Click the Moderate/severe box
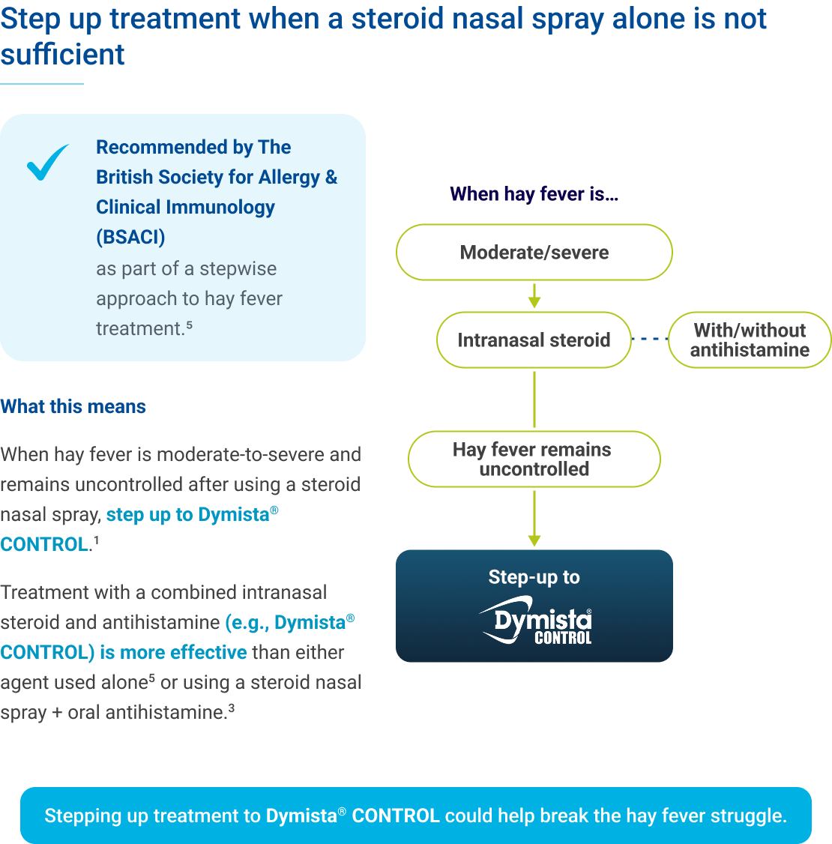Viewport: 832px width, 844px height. pyautogui.click(x=534, y=253)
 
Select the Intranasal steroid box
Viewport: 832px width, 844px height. pyautogui.click(x=534, y=340)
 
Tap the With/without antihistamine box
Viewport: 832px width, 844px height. pyautogui.click(x=750, y=340)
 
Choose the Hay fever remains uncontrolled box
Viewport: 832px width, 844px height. pyautogui.click(x=534, y=459)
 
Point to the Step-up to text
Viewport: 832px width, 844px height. pyautogui.click(x=534, y=577)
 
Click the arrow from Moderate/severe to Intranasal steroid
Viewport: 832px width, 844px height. pyautogui.click(x=534, y=296)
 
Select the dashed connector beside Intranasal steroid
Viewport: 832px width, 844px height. pyautogui.click(x=649, y=340)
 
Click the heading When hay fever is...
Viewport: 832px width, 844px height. pyautogui.click(x=534, y=195)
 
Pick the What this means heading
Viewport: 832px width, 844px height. pyautogui.click(x=73, y=407)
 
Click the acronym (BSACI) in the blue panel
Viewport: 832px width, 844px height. pyautogui.click(x=130, y=238)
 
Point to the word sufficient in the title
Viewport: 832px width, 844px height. pyautogui.click(x=62, y=55)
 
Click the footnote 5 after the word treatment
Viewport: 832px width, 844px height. pyautogui.click(x=190, y=325)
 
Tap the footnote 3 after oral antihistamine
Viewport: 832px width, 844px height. pyautogui.click(x=232, y=708)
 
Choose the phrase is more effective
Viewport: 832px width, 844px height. pyautogui.click(x=173, y=653)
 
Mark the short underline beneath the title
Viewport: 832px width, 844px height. pyautogui.click(x=41, y=84)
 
